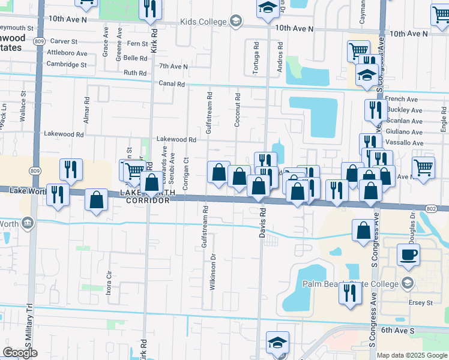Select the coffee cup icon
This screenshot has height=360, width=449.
[408, 254]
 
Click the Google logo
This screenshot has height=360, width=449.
[20, 353]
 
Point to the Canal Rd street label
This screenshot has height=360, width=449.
[172, 84]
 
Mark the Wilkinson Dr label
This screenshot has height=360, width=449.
[212, 272]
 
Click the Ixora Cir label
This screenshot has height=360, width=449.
[109, 282]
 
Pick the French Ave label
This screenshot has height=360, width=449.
[402, 99]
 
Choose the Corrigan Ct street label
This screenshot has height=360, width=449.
[186, 173]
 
